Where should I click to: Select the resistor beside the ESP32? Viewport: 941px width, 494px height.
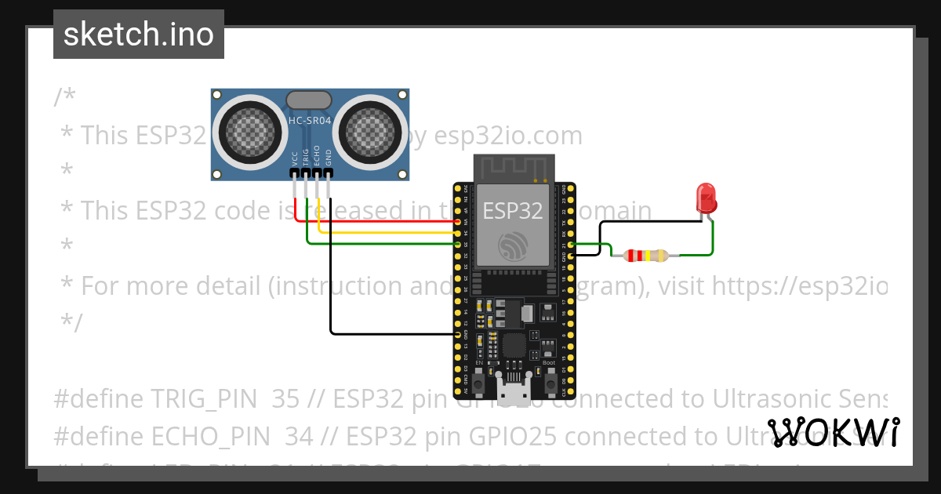click(x=645, y=255)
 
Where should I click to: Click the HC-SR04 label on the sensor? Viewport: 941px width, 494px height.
click(x=310, y=120)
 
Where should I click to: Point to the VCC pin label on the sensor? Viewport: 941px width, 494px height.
click(x=295, y=156)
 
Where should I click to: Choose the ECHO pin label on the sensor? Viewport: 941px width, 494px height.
click(x=317, y=154)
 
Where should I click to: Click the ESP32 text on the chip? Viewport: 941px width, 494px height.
click(x=513, y=211)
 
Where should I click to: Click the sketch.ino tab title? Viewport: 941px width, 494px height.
click(x=139, y=35)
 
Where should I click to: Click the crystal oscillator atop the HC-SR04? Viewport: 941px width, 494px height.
click(x=309, y=100)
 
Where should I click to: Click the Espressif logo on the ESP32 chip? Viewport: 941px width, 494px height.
click(x=513, y=245)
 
